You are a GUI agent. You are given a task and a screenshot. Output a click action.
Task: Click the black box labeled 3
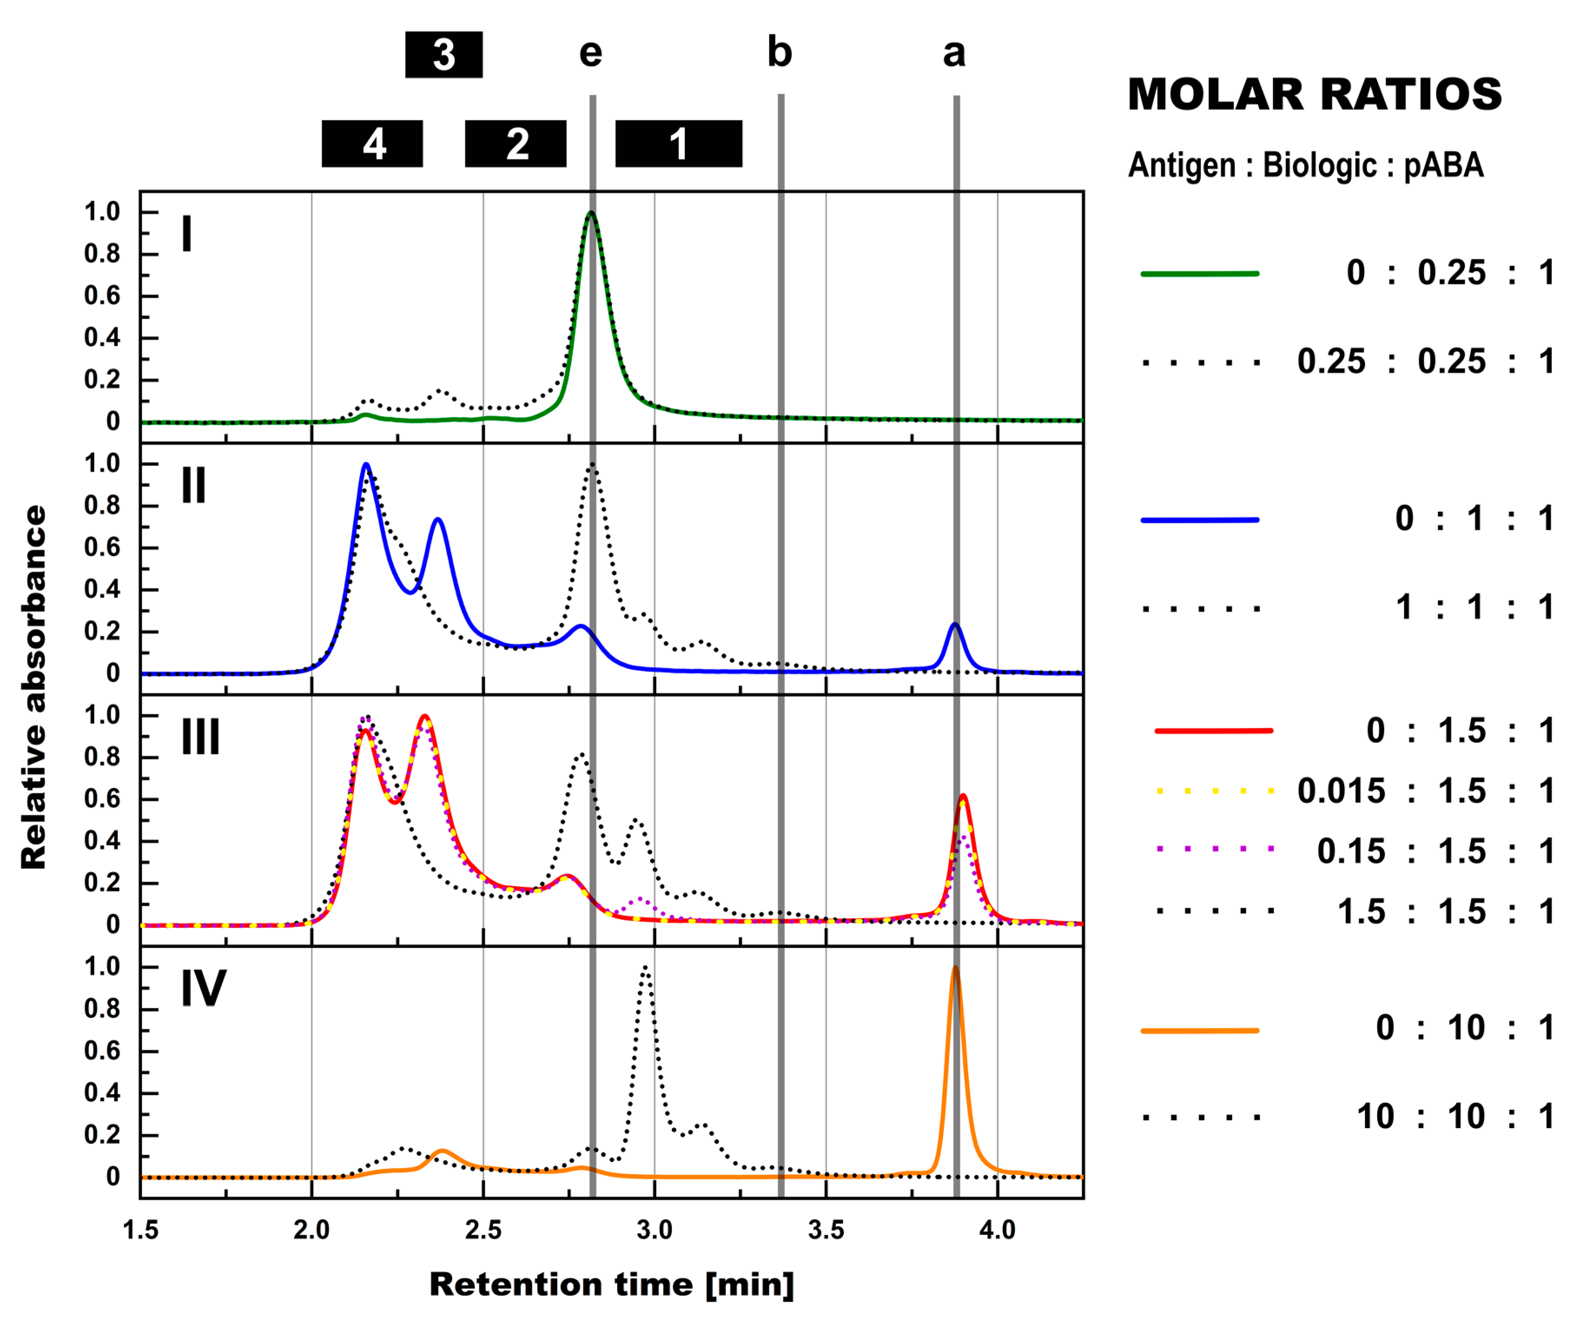[443, 55]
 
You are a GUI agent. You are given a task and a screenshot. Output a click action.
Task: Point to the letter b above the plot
[779, 53]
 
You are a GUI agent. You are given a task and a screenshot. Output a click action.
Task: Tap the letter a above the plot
[954, 53]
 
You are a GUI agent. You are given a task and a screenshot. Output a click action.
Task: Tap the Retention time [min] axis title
[611, 1285]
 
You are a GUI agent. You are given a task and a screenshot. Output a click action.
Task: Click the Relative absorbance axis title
[34, 687]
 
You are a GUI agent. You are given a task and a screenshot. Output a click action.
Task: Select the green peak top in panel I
[591, 213]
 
